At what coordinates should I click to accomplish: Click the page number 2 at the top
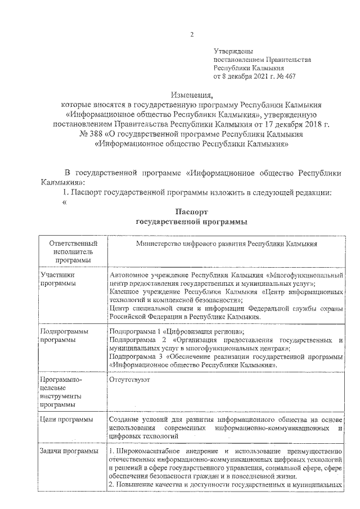[191, 34]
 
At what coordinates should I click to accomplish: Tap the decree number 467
[289, 75]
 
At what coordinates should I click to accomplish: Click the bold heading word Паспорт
[192, 212]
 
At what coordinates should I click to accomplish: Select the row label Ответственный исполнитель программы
[70, 252]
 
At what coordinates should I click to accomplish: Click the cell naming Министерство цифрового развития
[226, 244]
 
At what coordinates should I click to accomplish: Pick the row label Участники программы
[58, 280]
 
